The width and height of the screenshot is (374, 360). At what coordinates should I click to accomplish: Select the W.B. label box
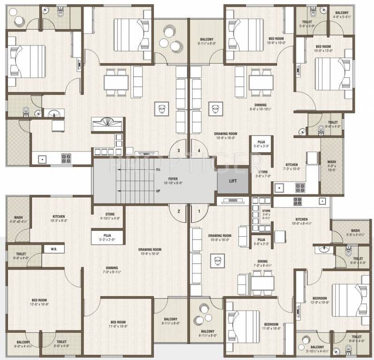53,249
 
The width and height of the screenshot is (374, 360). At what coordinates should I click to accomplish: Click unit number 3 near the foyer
179,150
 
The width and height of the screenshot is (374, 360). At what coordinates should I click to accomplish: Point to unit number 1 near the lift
199,211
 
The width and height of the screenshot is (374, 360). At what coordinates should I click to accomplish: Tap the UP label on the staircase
158,191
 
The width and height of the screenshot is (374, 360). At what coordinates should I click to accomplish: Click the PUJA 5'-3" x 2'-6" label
107,239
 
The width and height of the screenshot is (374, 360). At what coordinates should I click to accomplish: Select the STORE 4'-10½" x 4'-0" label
110,216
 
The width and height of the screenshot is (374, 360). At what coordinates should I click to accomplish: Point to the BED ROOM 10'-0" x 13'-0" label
323,49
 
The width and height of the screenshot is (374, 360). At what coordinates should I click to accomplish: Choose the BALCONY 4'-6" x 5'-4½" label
341,15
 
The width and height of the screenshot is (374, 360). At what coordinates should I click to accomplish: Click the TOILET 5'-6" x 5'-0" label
308,24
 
